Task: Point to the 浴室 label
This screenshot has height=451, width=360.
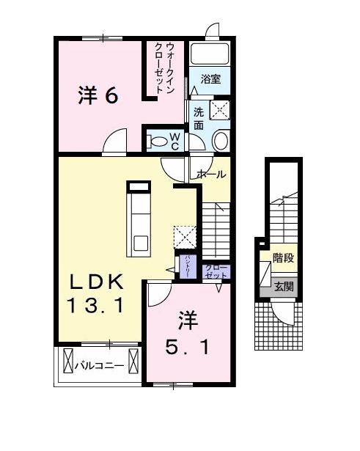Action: pyautogui.click(x=211, y=79)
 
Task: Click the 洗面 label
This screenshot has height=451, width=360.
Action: pyautogui.click(x=199, y=119)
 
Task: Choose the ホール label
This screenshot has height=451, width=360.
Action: pyautogui.click(x=212, y=175)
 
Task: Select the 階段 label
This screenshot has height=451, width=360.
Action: pyautogui.click(x=283, y=257)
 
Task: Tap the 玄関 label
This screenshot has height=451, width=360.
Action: pyautogui.click(x=284, y=287)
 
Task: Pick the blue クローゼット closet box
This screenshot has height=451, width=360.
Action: pyautogui.click(x=211, y=271)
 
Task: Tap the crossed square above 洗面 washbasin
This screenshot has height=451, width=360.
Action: pyautogui.click(x=219, y=110)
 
